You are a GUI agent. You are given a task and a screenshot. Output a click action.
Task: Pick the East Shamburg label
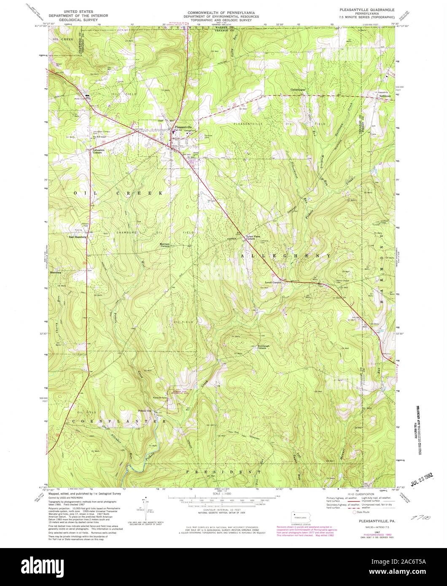point(78,237)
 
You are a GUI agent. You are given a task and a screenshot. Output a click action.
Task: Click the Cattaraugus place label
point(298,89)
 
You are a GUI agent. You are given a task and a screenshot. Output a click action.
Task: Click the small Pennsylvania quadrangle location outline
point(300,516)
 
